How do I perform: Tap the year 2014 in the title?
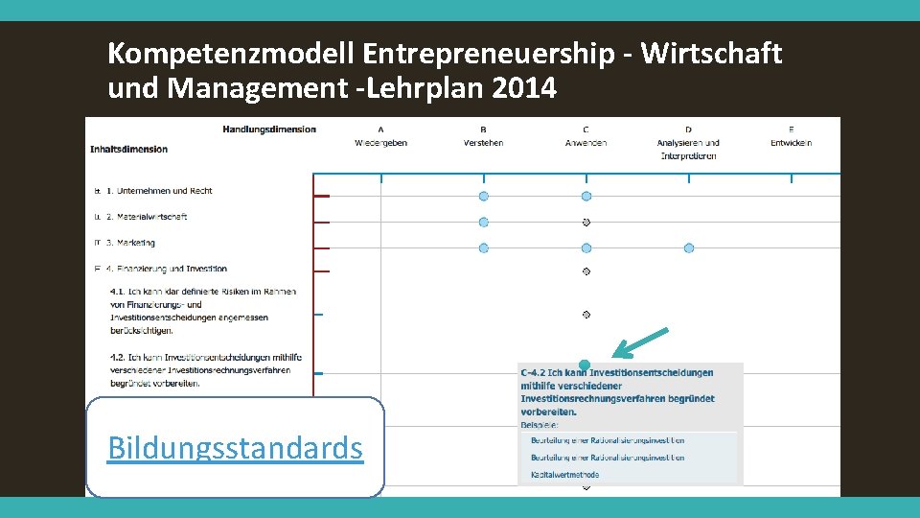coord(523,89)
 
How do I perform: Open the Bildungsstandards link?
coord(235,447)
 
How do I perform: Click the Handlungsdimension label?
coord(269,129)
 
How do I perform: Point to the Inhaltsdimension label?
coord(129,149)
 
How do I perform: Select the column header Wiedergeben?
coord(380,143)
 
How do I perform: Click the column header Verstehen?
coord(483,143)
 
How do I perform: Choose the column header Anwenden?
coord(586,143)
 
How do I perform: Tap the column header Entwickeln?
coord(791,143)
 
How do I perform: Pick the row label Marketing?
coord(135,243)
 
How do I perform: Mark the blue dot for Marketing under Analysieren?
coord(689,247)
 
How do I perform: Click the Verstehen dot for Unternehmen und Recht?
coord(483,196)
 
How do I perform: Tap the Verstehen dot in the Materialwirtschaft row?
coord(483,222)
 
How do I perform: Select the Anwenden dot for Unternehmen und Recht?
coord(586,196)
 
